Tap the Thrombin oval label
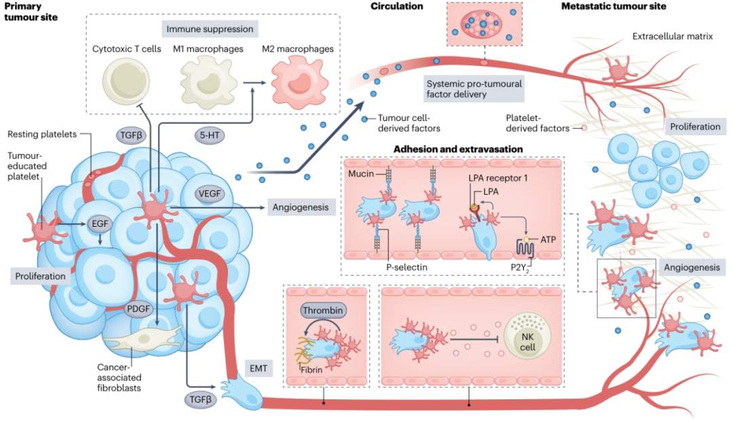click(x=323, y=311)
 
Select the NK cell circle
click(x=522, y=336)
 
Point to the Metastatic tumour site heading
click(x=614, y=7)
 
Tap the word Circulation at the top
click(x=396, y=7)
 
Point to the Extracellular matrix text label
click(x=672, y=36)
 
